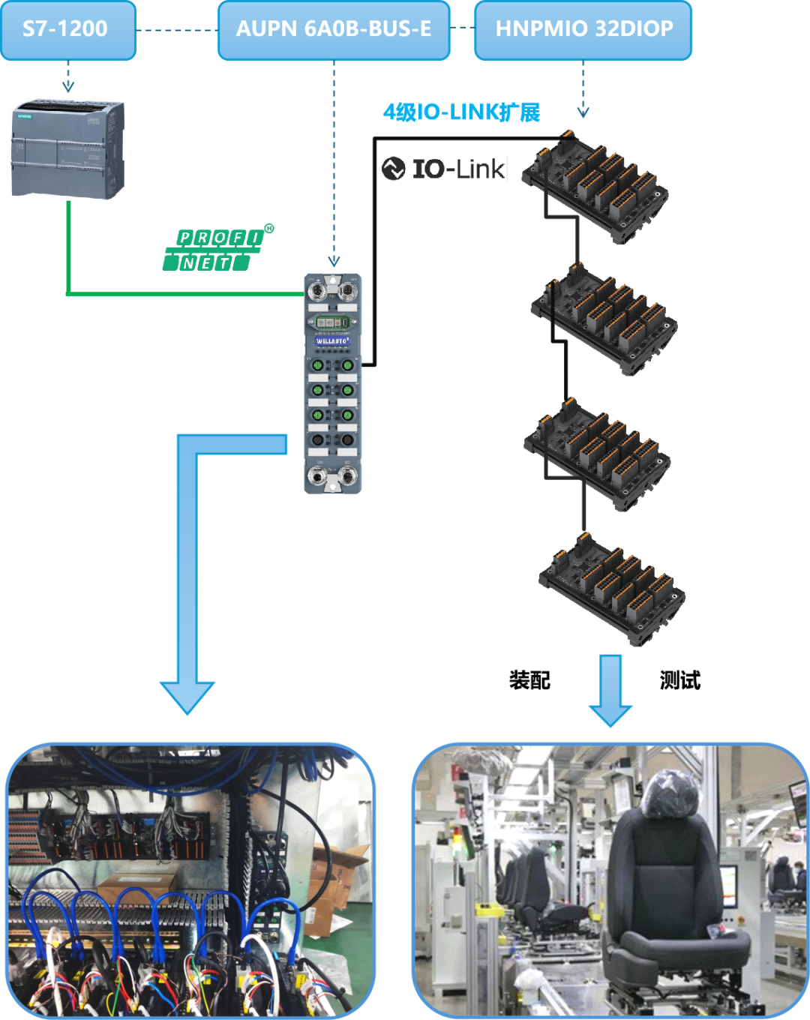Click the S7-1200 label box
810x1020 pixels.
(x=68, y=30)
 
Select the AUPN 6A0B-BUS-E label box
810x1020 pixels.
(x=334, y=30)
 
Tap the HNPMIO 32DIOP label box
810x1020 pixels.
(x=583, y=30)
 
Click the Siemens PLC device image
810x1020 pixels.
(x=68, y=147)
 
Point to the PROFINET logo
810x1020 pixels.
(x=217, y=247)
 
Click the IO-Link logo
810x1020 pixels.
(x=444, y=169)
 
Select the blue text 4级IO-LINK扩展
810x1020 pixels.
(x=461, y=112)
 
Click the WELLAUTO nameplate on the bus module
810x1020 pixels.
(x=332, y=341)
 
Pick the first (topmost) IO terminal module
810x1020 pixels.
(x=593, y=184)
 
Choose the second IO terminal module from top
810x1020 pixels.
(x=603, y=316)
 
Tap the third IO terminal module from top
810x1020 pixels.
(x=595, y=451)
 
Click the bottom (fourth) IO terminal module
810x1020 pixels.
(x=610, y=586)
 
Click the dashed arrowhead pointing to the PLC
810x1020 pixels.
(x=68, y=86)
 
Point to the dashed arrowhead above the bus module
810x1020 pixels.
(x=334, y=262)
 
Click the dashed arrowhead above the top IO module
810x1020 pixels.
(x=583, y=113)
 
